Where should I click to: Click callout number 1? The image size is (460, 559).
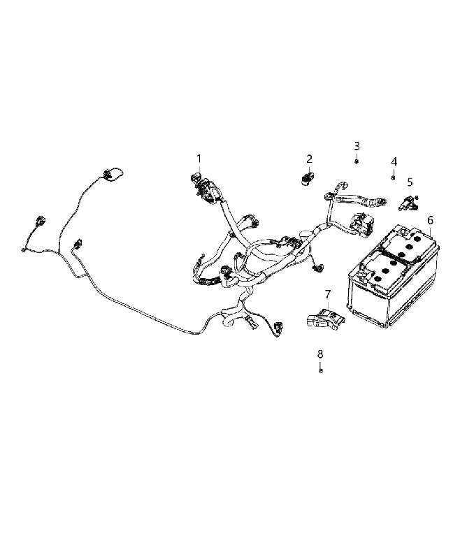click(x=199, y=159)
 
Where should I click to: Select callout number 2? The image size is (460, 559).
click(x=309, y=159)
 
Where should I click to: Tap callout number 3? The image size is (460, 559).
click(x=357, y=146)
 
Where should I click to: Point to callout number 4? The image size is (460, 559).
click(x=394, y=162)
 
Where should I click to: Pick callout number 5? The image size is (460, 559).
click(x=410, y=182)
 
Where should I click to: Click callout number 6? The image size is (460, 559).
click(x=431, y=220)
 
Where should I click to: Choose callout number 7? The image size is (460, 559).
click(x=328, y=294)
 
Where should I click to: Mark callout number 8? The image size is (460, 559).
click(x=320, y=354)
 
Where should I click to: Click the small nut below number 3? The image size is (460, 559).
click(x=357, y=161)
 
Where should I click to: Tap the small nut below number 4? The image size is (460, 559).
click(x=394, y=177)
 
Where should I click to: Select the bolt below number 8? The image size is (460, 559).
click(x=321, y=370)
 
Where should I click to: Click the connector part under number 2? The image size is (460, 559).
click(x=307, y=177)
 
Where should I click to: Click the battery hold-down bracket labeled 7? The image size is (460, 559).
click(x=324, y=318)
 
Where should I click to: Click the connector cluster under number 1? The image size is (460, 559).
click(x=204, y=186)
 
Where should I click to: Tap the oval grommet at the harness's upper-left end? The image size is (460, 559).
click(x=113, y=175)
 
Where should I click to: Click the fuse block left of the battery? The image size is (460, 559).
click(x=360, y=224)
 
